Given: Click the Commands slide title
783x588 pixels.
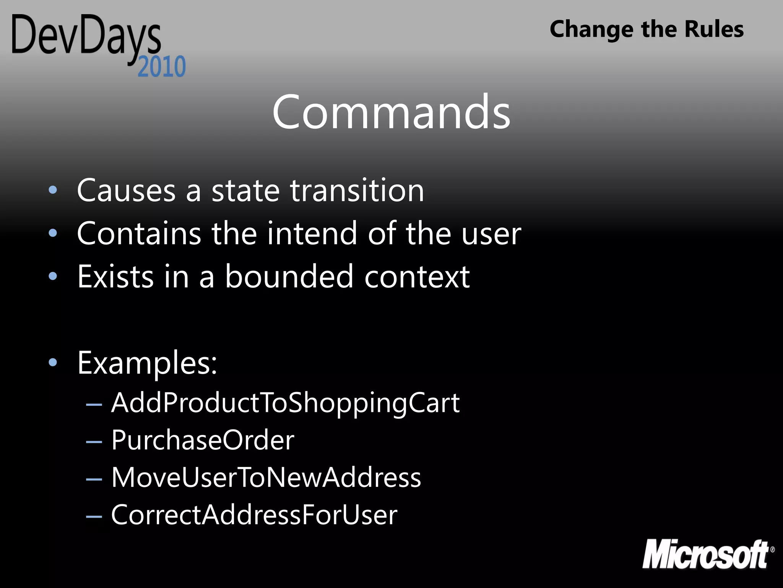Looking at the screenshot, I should click(x=391, y=113).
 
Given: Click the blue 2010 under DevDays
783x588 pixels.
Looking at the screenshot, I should click(x=162, y=67).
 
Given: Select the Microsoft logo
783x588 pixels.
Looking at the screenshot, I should click(x=708, y=554).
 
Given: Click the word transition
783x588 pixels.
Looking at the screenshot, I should click(x=357, y=190).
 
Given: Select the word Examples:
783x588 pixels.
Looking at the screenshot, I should click(x=148, y=363).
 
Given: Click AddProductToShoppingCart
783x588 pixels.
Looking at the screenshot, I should click(x=285, y=403).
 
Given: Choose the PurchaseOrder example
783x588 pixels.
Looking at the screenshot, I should click(x=203, y=440).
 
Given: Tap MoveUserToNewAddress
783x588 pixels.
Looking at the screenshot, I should click(x=266, y=478).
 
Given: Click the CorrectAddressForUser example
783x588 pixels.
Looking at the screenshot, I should click(x=254, y=515).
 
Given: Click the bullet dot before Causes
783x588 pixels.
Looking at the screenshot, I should click(x=53, y=190).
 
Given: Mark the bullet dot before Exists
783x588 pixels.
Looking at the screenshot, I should click(x=53, y=276).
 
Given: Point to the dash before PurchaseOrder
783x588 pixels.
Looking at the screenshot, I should click(x=94, y=442).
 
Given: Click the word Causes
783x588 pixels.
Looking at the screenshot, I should click(x=126, y=190).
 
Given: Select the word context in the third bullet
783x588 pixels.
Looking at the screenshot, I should click(x=417, y=276).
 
